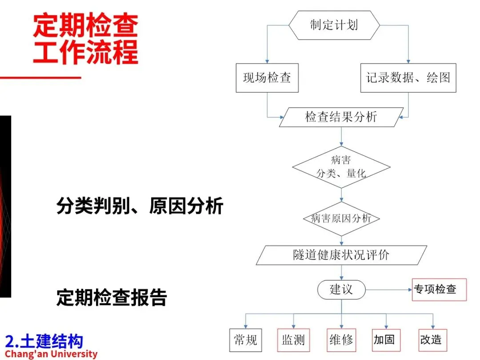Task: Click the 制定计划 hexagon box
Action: [x=334, y=25]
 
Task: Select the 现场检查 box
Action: [x=267, y=78]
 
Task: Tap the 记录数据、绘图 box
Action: [x=408, y=78]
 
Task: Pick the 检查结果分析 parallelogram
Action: [x=341, y=117]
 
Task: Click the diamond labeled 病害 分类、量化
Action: [x=341, y=167]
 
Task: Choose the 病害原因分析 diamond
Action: [x=341, y=219]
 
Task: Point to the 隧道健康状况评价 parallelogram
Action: [x=341, y=255]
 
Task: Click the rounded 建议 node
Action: [x=341, y=290]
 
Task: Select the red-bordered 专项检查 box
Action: [x=439, y=289]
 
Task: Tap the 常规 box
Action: [x=245, y=340]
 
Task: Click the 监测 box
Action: [x=293, y=340]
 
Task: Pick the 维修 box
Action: [x=341, y=340]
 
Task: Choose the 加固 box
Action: [x=384, y=340]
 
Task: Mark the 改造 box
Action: [x=431, y=340]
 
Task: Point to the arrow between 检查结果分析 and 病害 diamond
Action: [x=341, y=136]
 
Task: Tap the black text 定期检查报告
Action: [x=112, y=298]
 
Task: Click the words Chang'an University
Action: [x=51, y=354]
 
